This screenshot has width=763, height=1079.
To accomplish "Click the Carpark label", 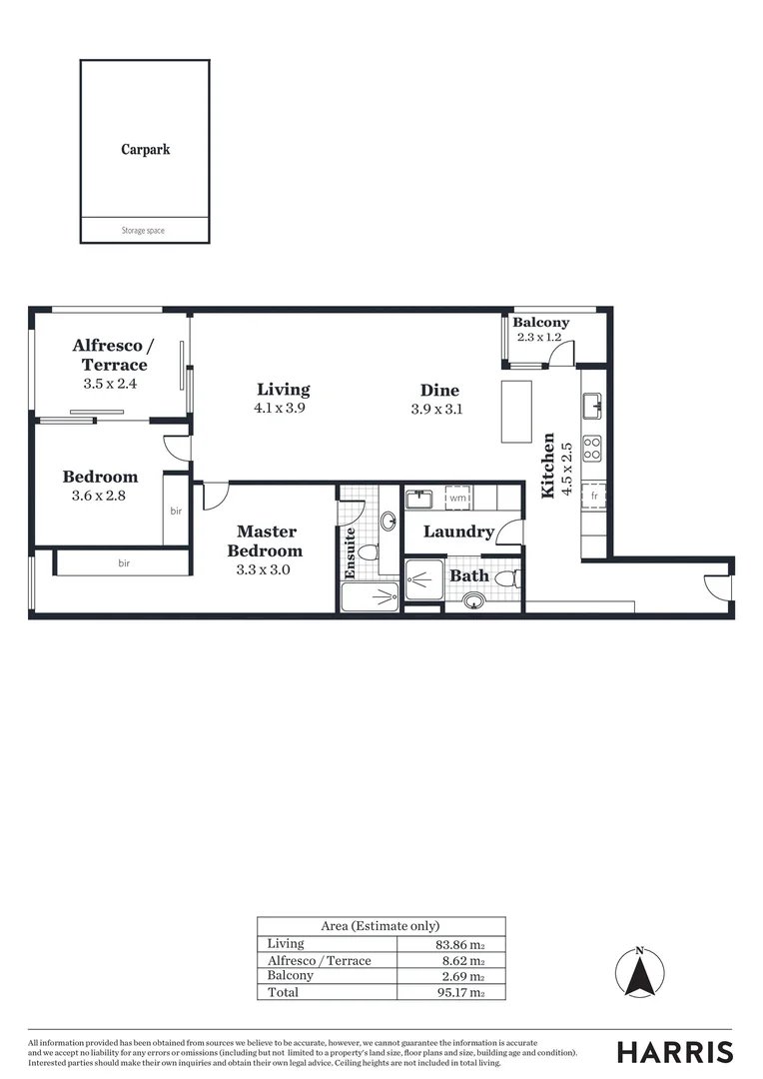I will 146,150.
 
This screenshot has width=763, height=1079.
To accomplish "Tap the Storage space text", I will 143,231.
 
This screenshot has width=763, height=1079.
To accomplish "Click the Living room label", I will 283,390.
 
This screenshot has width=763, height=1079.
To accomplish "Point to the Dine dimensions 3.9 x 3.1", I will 437,409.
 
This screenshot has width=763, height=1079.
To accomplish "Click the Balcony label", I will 540,323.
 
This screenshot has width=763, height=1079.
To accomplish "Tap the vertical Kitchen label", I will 548,466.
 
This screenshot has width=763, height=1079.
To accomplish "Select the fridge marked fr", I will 594,496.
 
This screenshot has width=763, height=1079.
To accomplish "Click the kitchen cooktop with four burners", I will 592,449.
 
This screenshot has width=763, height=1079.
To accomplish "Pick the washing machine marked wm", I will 457,497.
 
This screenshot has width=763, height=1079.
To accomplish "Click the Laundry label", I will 458,532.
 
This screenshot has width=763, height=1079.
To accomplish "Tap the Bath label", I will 468,575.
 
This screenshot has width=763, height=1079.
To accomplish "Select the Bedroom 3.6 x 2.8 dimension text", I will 100,495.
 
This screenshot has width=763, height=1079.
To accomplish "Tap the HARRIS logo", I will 674,1052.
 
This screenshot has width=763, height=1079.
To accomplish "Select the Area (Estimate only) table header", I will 381,926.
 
